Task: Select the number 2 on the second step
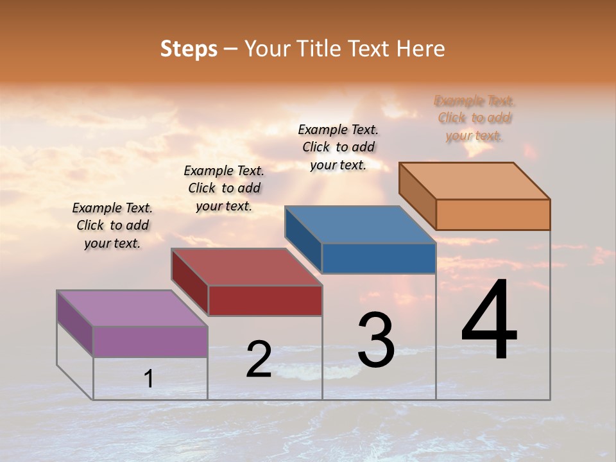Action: tap(259, 359)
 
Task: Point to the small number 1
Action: tap(148, 379)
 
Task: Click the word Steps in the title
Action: tap(189, 48)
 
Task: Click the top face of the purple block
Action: tap(132, 308)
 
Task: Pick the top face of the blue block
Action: tap(361, 225)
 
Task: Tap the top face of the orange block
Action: tap(475, 181)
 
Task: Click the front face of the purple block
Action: tap(150, 341)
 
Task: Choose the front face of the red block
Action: tap(265, 300)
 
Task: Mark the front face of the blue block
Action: tap(379, 258)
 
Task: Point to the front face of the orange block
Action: tap(493, 214)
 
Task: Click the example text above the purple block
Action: tap(112, 225)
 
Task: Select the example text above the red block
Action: tap(224, 188)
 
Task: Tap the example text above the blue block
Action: tap(338, 147)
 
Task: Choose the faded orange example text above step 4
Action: tap(475, 117)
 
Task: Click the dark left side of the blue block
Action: tap(303, 239)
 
